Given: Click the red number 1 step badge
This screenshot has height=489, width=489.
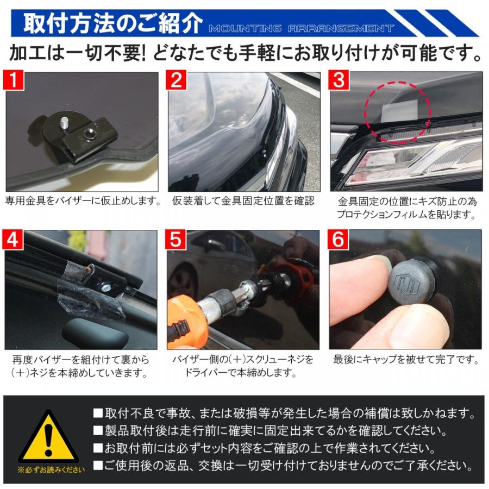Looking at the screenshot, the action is tap(14, 80).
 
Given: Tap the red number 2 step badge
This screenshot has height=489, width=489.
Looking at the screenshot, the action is tap(176, 80).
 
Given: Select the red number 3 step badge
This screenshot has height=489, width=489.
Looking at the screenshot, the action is tap(338, 80).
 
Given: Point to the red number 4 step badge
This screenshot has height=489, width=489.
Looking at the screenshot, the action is tap(12, 240).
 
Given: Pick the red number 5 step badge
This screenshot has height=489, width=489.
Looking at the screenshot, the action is tap(175, 240).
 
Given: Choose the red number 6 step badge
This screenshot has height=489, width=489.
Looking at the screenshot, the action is tap(338, 240).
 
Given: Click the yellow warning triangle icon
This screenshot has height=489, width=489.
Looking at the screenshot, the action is tap(48, 437).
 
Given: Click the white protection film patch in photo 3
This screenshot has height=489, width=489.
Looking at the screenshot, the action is tap(400, 111).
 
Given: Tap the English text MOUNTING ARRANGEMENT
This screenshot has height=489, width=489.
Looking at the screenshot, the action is tap(301, 29).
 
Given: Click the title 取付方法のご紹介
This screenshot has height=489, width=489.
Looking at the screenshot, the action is tap(113, 24).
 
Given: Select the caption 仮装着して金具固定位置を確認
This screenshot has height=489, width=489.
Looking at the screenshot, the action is tap(243, 201).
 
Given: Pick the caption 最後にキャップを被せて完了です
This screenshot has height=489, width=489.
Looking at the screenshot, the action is tap(406, 360).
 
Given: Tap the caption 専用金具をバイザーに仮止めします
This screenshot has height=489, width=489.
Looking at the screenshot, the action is tap(83, 201).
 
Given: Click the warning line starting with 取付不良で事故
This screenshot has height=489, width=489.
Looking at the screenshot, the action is tap(284, 413).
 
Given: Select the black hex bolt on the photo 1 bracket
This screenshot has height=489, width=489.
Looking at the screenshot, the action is tap(87, 135).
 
